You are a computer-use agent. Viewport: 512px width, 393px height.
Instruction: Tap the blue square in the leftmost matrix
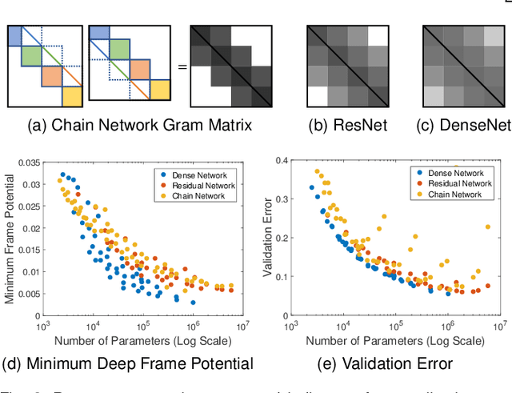16,35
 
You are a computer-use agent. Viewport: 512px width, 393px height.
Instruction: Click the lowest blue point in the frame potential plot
193,303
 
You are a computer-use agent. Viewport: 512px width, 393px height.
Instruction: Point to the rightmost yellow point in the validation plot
487,227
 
